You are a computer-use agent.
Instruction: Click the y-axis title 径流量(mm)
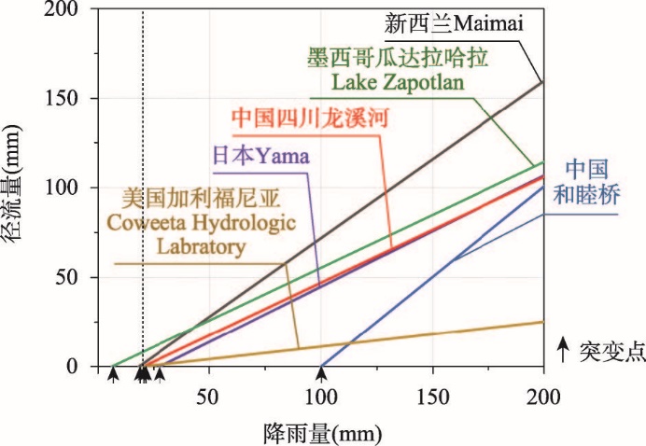20,197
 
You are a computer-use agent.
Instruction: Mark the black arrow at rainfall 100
321,375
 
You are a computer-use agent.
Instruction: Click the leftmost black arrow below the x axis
113,375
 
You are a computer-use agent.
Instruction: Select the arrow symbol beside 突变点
563,351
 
